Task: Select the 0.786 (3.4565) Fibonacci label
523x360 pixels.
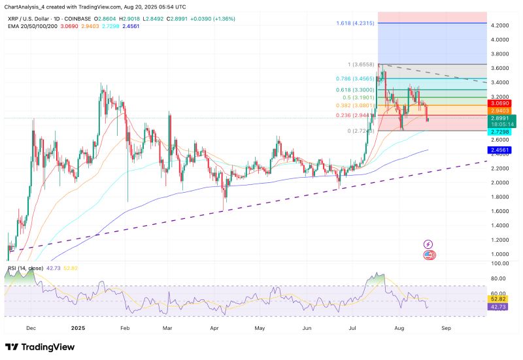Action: coord(356,78)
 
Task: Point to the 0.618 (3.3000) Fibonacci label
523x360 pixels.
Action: coord(356,89)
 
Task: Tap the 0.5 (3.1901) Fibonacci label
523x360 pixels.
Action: coord(358,97)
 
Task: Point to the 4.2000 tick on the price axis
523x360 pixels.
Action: coord(501,25)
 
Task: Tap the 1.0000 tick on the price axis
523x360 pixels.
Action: coord(501,254)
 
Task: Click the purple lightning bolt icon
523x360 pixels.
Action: coord(429,244)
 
